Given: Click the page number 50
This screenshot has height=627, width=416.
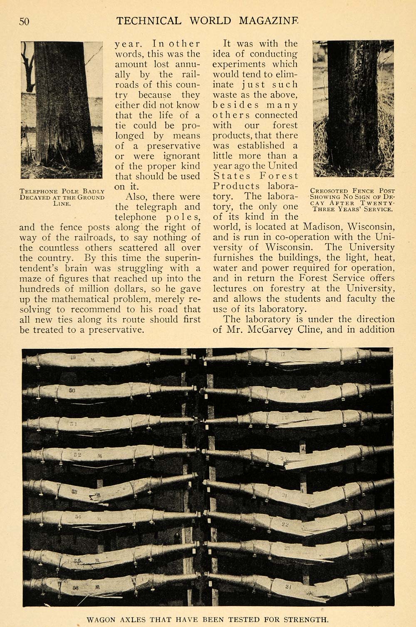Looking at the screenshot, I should click(x=24, y=21).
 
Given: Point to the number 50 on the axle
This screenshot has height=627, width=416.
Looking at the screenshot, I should click(x=72, y=391).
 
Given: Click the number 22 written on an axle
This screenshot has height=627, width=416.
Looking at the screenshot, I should click(x=285, y=524).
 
